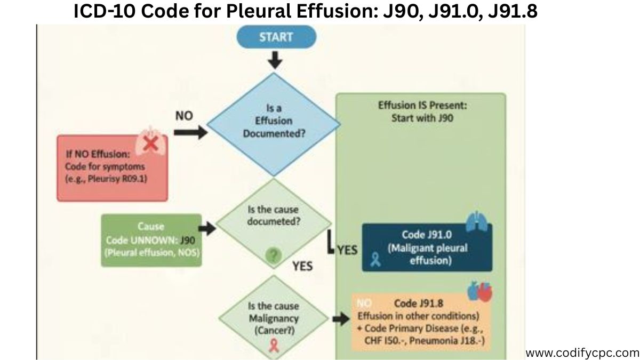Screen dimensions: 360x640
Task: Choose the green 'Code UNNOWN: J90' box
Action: pos(151,241)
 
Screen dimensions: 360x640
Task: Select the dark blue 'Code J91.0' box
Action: pos(427,247)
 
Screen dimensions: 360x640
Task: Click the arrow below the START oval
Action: pos(275,60)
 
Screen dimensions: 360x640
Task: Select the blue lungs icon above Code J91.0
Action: pos(476,222)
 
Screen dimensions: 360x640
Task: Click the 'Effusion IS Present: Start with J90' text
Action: pos(422,111)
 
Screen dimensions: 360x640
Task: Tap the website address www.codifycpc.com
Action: pos(582,353)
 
